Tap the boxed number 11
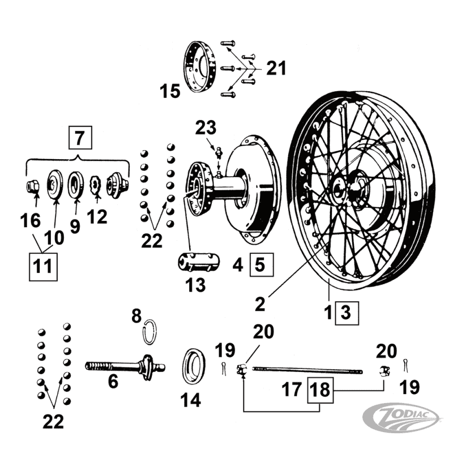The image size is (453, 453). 43,266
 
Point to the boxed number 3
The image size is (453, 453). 346,311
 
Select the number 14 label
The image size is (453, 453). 191,401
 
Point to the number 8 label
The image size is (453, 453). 136,316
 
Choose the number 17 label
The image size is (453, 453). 293,390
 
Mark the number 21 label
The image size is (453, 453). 276,69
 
